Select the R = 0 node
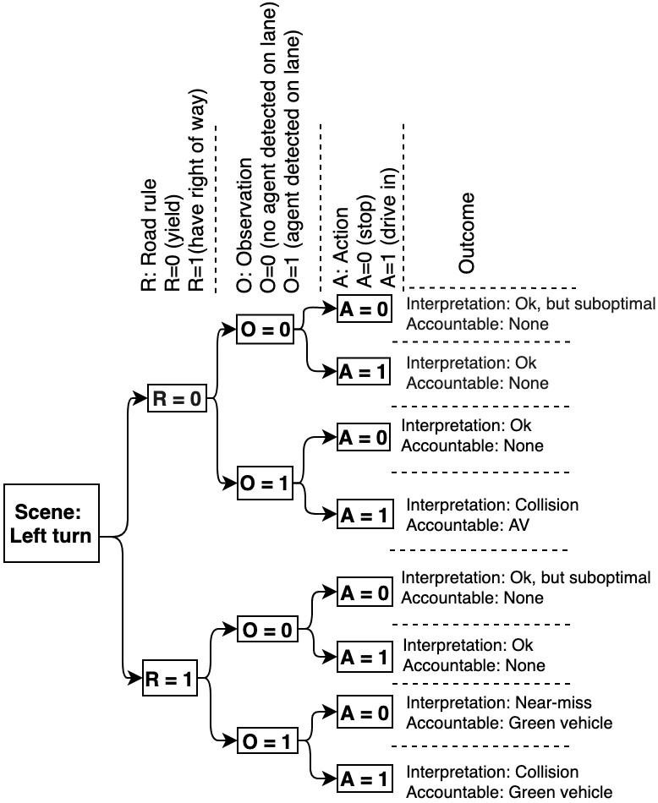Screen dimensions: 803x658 177,398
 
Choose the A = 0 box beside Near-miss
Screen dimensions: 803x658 365,714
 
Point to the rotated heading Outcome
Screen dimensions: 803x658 468,232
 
